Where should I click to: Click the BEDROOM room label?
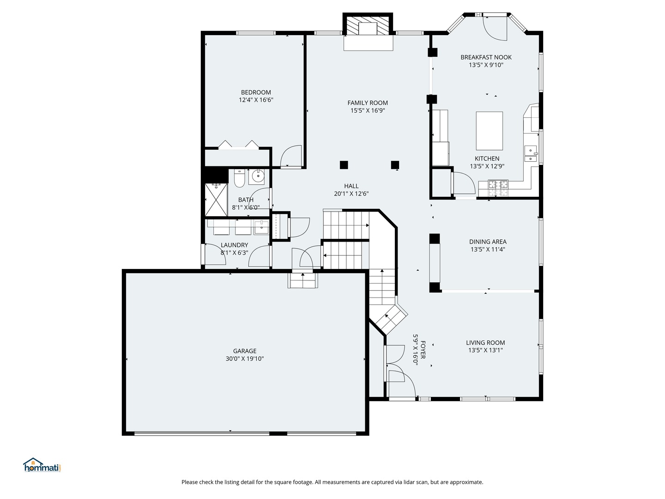256,92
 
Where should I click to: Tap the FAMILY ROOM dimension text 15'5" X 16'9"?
368,110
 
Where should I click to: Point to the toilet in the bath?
239,178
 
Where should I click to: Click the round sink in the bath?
258,176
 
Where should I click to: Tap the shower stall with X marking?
216,200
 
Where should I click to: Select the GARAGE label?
244,351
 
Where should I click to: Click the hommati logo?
42,465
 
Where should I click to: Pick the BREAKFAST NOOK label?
486,57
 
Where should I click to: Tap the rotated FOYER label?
423,350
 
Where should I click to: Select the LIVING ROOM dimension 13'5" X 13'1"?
485,350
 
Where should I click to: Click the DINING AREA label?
488,242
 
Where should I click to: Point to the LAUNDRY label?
234,245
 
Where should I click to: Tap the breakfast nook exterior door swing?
495,29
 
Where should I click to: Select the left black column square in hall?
344,164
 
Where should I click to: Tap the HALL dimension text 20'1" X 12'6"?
351,194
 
